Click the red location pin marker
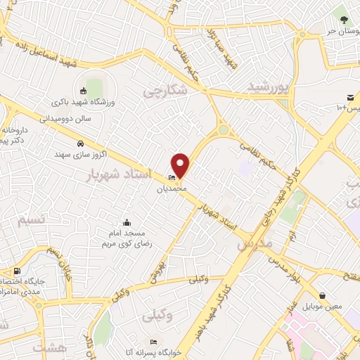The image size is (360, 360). click(181, 165)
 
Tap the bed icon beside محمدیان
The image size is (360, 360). click(172, 177)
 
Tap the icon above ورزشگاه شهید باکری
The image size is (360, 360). click(84, 91)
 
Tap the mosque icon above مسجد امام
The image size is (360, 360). click(127, 223)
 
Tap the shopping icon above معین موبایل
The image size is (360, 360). click(322, 296)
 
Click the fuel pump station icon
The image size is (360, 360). click(16, 271)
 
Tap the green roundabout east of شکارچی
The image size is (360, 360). click(224, 130)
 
